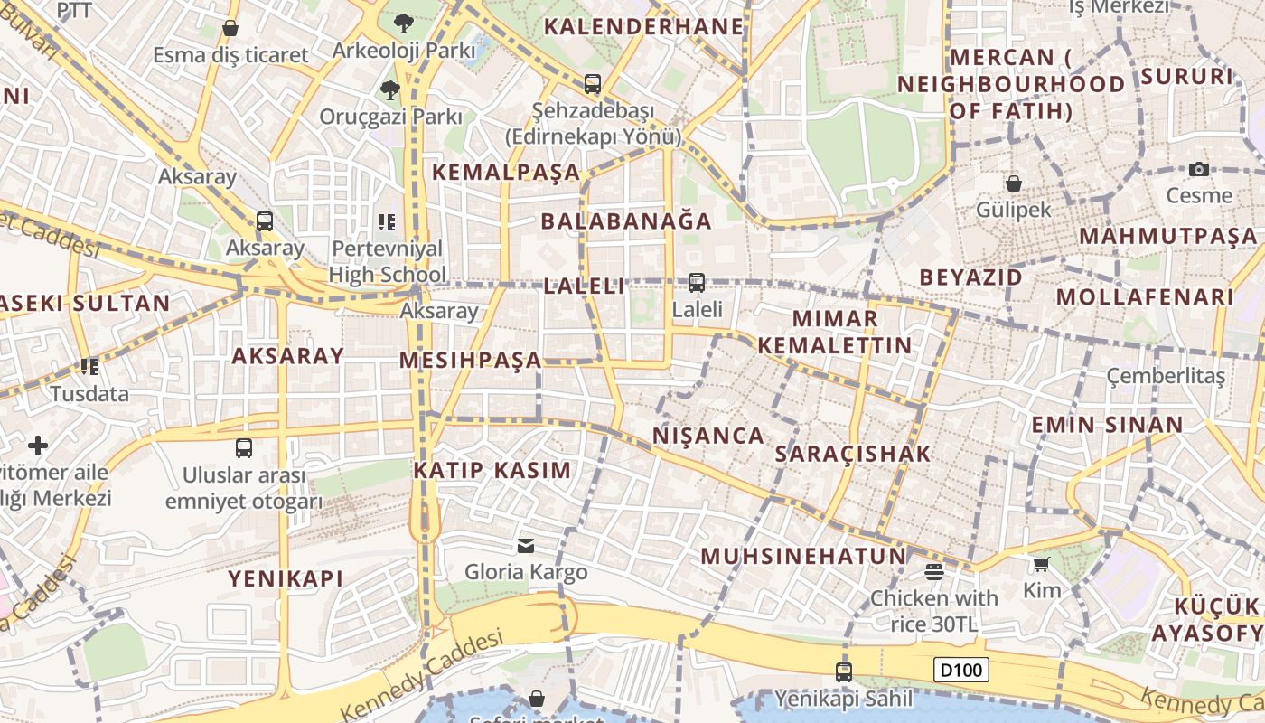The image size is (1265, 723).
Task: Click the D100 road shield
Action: (x=961, y=670)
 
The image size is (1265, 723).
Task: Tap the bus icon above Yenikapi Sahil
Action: (x=843, y=671)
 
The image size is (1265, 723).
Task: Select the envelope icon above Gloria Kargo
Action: (x=526, y=545)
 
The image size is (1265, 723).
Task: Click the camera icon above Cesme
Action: (x=1199, y=169)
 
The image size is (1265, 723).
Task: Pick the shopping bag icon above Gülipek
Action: (x=1014, y=183)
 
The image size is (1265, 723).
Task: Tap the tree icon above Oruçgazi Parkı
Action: (x=390, y=89)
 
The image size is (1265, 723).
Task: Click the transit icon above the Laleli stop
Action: (x=697, y=283)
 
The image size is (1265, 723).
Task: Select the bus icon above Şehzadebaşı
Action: (x=593, y=84)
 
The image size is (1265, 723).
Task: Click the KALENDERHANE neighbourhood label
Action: (x=642, y=26)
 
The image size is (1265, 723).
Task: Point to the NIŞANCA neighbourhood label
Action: (x=708, y=436)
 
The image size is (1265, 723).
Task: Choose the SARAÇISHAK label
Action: (x=853, y=454)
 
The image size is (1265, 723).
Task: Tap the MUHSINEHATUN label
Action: (x=803, y=556)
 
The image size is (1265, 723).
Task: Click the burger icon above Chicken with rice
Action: (x=934, y=571)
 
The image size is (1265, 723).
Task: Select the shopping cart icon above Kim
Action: (x=1041, y=565)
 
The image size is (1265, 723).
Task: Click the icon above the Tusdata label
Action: (x=89, y=367)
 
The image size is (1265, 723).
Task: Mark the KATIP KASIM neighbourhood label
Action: (x=492, y=470)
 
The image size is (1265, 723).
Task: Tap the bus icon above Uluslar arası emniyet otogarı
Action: (x=244, y=448)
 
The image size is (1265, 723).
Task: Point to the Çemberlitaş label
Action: (x=1166, y=376)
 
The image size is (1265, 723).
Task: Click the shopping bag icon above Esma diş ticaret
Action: (x=230, y=28)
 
